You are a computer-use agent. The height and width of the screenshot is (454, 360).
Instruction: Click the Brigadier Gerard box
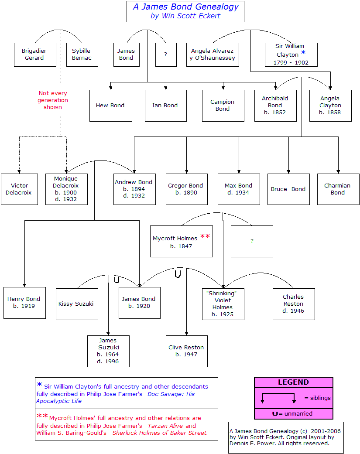(x=35, y=55)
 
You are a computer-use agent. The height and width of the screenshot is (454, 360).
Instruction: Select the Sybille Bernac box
(x=82, y=55)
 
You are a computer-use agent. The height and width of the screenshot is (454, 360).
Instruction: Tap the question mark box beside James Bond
(x=166, y=55)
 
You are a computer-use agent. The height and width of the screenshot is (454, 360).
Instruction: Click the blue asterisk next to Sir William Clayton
(x=303, y=53)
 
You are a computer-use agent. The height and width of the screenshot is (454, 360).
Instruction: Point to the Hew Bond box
(x=111, y=106)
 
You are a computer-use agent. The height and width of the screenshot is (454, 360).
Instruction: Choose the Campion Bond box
(x=223, y=106)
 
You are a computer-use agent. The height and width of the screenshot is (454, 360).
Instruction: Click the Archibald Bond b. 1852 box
(x=275, y=106)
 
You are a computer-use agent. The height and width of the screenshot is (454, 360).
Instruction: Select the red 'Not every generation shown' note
(x=53, y=100)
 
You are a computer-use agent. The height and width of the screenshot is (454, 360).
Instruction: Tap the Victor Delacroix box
(x=19, y=189)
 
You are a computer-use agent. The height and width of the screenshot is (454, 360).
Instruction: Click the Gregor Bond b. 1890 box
(x=186, y=189)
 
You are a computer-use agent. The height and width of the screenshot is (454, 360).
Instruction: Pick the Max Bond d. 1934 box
(x=239, y=189)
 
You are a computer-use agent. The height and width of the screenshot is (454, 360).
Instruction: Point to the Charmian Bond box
(x=338, y=189)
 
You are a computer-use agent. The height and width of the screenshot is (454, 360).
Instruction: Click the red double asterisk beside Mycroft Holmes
(x=205, y=236)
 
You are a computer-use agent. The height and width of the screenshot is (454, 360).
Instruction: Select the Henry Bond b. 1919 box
(x=24, y=303)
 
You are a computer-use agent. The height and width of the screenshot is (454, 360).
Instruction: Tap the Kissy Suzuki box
(x=77, y=304)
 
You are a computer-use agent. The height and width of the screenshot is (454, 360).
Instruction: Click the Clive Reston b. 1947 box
(x=186, y=351)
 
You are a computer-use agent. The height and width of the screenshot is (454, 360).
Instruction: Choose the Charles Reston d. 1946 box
(x=294, y=304)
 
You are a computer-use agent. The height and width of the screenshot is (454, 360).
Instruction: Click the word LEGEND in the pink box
(x=293, y=382)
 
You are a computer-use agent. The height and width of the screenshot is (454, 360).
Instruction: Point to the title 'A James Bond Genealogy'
(x=185, y=7)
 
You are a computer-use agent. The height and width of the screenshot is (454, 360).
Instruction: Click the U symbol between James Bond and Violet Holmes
(x=178, y=273)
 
